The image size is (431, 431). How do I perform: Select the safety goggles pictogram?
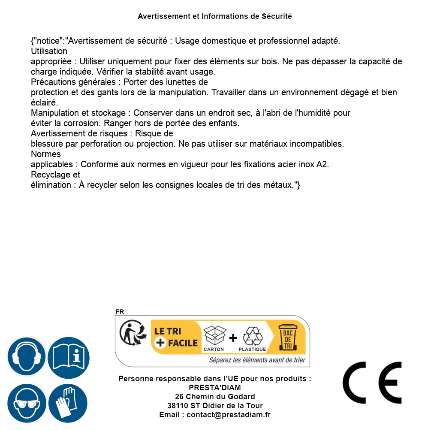[27, 404]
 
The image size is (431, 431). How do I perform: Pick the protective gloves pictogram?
[68, 404]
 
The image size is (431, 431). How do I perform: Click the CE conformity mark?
[372, 383]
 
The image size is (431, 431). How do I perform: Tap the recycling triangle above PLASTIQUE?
[252, 336]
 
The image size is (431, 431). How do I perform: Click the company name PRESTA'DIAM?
[215, 388]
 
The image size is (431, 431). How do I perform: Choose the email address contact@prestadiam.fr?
[229, 415]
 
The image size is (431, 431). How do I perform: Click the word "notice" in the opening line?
[48, 41]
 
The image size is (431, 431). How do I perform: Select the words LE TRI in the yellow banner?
[167, 332]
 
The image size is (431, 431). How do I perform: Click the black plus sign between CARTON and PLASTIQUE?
[233, 338]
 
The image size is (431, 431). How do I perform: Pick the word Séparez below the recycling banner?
[221, 360]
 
